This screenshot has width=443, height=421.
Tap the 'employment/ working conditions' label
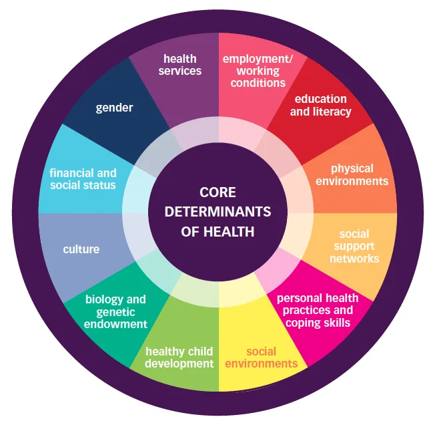pyautogui.click(x=258, y=71)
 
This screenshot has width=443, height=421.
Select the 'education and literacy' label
pyautogui.click(x=321, y=106)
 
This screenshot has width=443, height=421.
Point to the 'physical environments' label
pyautogui.click(x=352, y=174)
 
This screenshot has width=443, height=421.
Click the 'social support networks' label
pyautogui.click(x=354, y=246)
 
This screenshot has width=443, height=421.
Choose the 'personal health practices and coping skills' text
pyautogui.click(x=318, y=311)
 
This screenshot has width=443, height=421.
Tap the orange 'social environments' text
pyautogui.click(x=261, y=358)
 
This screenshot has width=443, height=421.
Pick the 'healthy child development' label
pyautogui.click(x=179, y=358)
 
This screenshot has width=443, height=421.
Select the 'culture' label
pyautogui.click(x=81, y=249)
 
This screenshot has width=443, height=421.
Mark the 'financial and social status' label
pyautogui.click(x=83, y=179)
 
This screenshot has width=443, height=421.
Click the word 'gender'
pyautogui.click(x=115, y=108)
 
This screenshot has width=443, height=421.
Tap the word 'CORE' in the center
pyautogui.click(x=217, y=192)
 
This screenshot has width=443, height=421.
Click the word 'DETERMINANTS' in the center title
pyautogui.click(x=217, y=213)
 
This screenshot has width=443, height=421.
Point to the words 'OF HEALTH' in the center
pyautogui.click(x=217, y=232)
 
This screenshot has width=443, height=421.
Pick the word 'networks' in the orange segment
pyautogui.click(x=354, y=258)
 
